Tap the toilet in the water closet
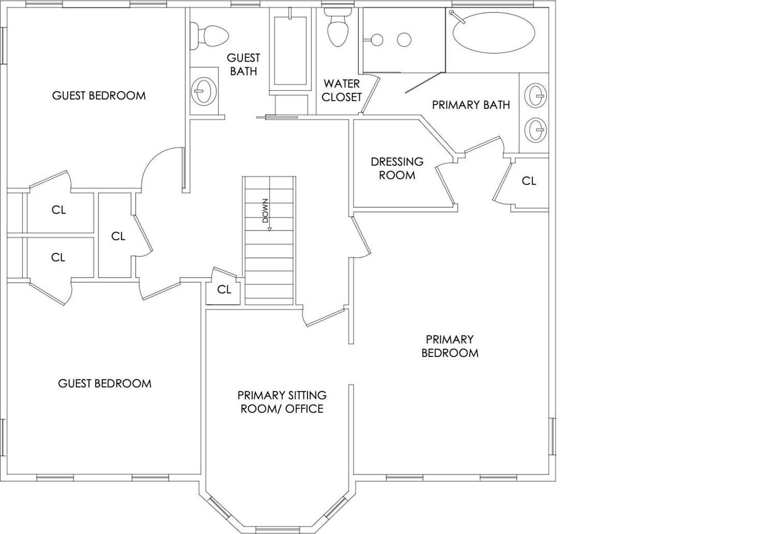(x=338, y=30)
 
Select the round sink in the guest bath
(x=203, y=91)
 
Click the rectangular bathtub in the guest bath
(x=290, y=51)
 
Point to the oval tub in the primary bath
(x=493, y=32)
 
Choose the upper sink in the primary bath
(x=536, y=95)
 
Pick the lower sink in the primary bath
(x=536, y=129)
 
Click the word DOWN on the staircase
(x=266, y=211)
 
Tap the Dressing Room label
(x=397, y=168)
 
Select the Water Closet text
(x=342, y=90)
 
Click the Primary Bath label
(x=471, y=105)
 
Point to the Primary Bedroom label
(x=449, y=346)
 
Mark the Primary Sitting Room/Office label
(x=282, y=402)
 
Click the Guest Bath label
(x=243, y=64)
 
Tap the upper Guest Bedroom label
(x=99, y=96)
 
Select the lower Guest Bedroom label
(x=105, y=384)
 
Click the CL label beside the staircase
(x=224, y=290)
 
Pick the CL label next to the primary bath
(x=529, y=181)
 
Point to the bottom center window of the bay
(x=274, y=529)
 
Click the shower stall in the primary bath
(x=403, y=40)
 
